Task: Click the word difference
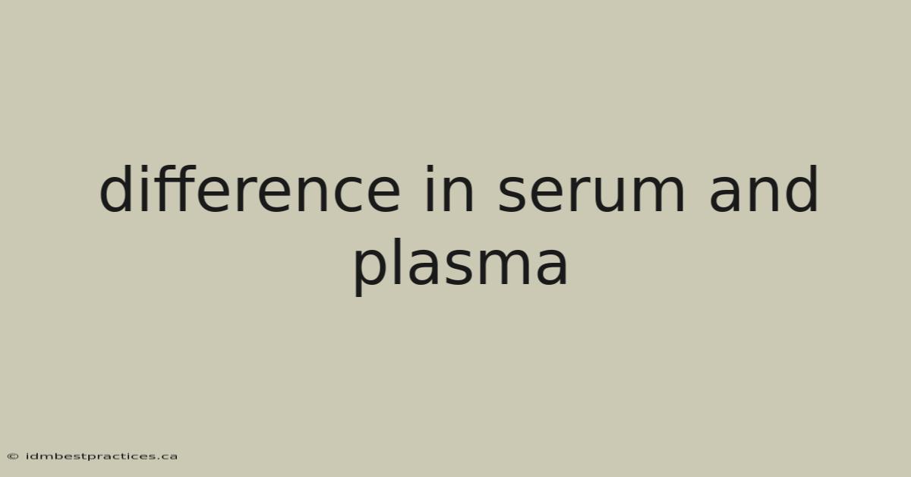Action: tap(250, 189)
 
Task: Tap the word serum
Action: tap(591, 194)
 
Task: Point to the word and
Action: tap(764, 189)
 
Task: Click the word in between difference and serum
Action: tap(449, 189)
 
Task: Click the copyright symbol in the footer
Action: tap(13, 456)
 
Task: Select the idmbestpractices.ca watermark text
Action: tap(102, 456)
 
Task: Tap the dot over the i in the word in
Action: tap(429, 169)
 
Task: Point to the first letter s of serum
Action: tap(515, 194)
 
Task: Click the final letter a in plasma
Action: tap(551, 267)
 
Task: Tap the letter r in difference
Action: tap(244, 194)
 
